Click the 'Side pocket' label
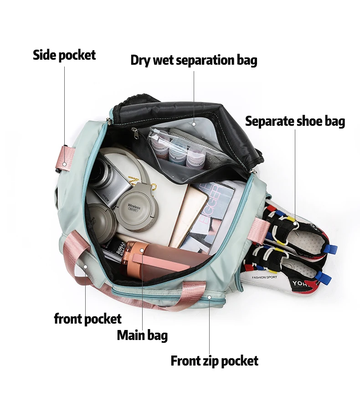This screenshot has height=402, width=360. point(64,55)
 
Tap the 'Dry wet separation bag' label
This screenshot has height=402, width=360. point(194,60)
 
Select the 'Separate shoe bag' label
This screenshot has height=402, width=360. point(295,121)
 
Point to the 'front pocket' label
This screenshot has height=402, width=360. point(87,319)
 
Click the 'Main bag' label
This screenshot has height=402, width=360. point(142,335)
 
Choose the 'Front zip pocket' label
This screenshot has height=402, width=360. point(214,361)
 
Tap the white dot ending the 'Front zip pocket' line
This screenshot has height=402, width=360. point(210,297)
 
